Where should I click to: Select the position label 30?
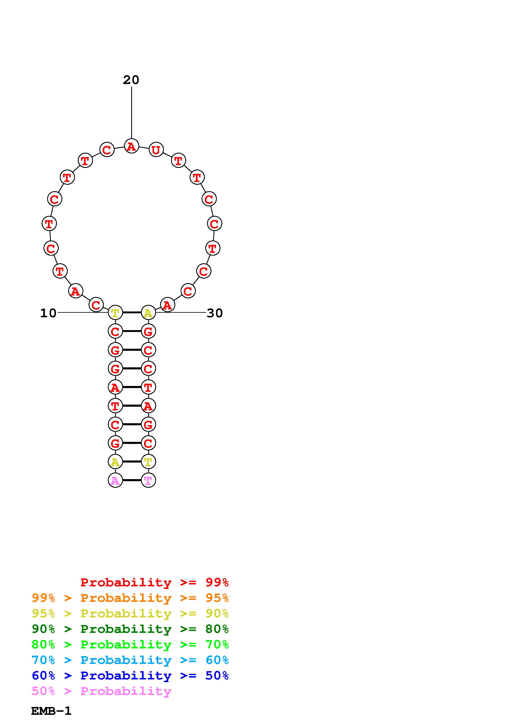(215, 313)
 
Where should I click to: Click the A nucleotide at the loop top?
(131, 146)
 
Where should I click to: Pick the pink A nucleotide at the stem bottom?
(115, 480)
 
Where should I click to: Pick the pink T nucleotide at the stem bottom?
(148, 480)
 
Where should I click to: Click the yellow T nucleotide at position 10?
(115, 313)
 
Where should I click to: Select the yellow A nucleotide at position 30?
(148, 313)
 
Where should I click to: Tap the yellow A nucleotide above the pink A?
(115, 462)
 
